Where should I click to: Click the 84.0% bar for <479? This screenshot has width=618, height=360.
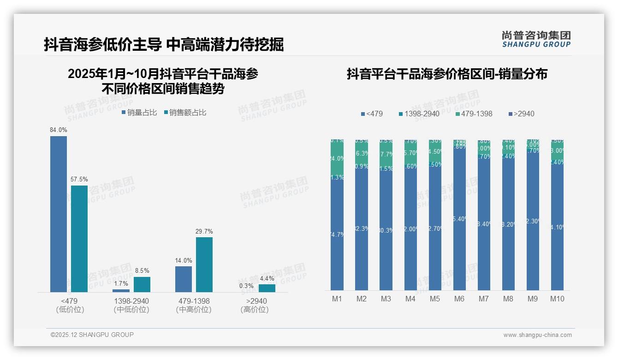click(59, 214)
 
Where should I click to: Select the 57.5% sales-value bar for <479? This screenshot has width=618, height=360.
click(79, 239)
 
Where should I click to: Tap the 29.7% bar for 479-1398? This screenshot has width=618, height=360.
click(204, 264)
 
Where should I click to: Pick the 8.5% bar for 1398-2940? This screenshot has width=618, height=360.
click(142, 284)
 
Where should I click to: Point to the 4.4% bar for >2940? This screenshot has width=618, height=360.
click(267, 288)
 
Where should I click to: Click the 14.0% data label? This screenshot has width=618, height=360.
click(184, 260)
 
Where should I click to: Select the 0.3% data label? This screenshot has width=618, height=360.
click(246, 286)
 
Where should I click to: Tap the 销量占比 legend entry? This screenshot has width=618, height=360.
click(139, 112)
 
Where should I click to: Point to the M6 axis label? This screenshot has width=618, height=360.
click(459, 299)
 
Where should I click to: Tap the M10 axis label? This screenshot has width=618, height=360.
click(557, 299)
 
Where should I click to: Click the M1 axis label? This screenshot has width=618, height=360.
click(337, 299)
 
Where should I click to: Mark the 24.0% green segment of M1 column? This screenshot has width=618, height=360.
click(337, 158)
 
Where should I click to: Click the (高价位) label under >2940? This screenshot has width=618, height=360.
click(254, 310)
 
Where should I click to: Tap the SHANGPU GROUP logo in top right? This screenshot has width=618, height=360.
click(536, 39)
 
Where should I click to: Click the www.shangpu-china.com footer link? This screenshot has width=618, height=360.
click(537, 335)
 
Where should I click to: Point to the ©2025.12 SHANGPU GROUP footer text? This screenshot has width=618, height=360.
click(92, 335)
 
